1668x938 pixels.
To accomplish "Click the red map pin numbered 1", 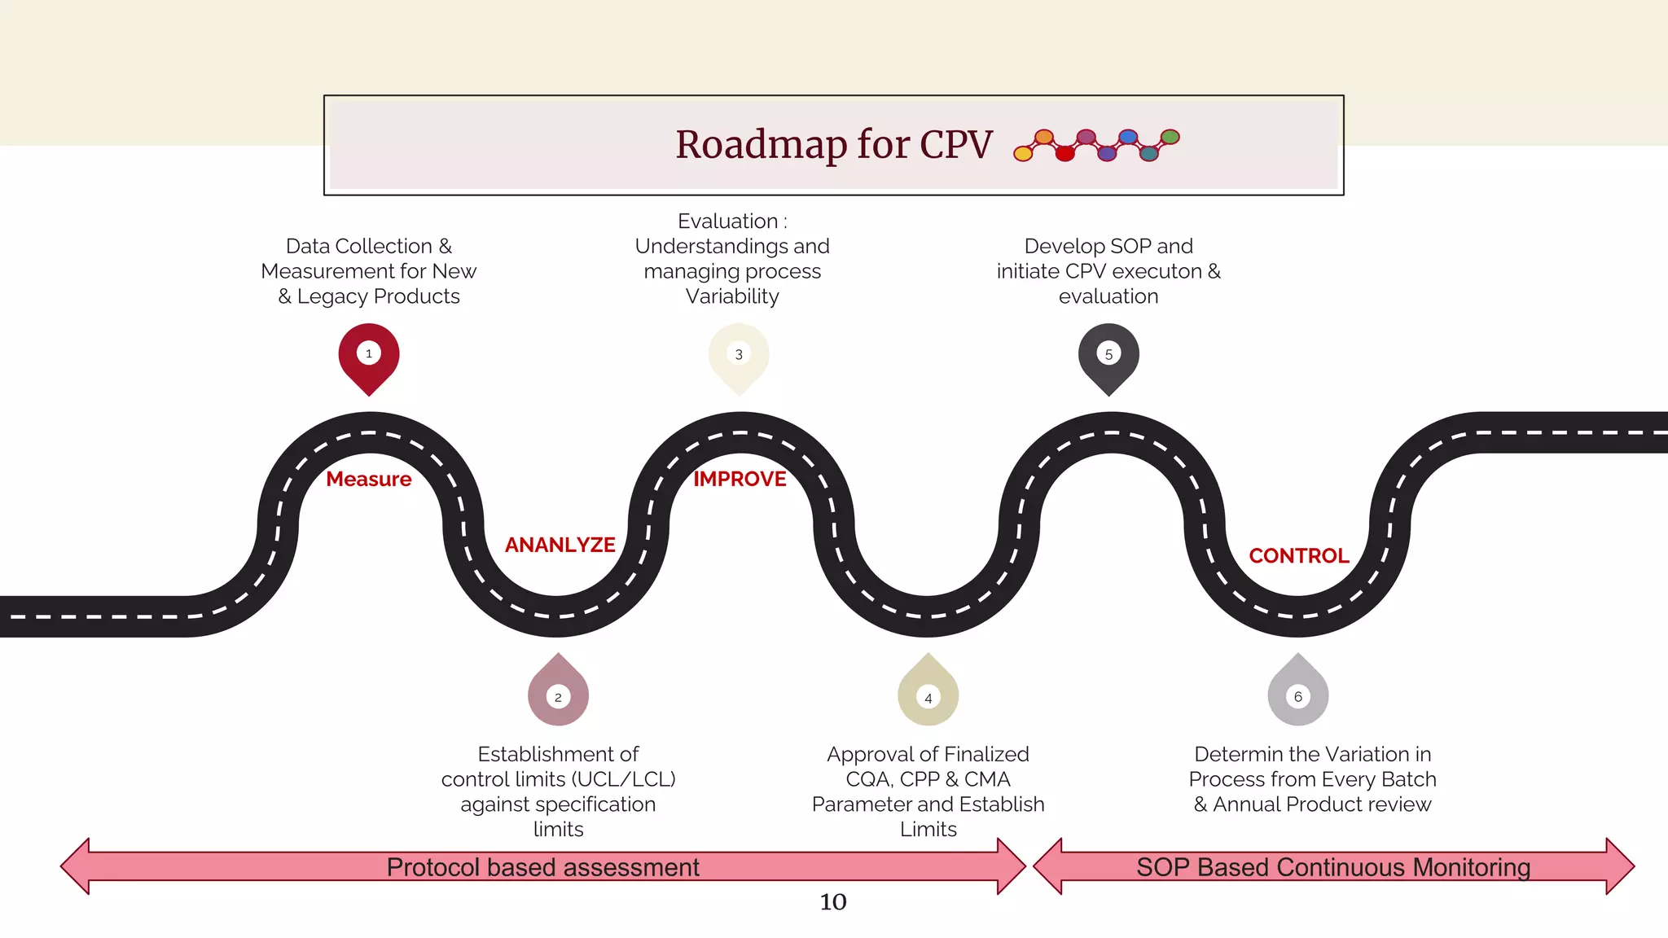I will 369,356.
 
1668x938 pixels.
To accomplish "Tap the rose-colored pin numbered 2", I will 558,694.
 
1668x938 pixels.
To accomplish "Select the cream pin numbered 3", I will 739,356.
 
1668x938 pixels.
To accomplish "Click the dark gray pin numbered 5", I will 1108,356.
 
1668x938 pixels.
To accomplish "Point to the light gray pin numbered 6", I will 1298,694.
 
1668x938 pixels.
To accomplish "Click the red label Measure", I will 369,479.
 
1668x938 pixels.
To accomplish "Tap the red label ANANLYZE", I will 560,545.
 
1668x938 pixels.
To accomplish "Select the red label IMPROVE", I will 740,479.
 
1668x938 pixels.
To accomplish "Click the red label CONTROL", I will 1299,555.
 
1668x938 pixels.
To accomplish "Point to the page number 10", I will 833,902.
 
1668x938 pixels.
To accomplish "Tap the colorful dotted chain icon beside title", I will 1096,145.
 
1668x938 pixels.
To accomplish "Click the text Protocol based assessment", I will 542,867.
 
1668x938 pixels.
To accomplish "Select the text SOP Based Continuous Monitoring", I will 1333,867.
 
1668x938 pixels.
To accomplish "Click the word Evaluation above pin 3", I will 727,221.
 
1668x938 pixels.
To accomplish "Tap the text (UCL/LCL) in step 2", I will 623,779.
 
